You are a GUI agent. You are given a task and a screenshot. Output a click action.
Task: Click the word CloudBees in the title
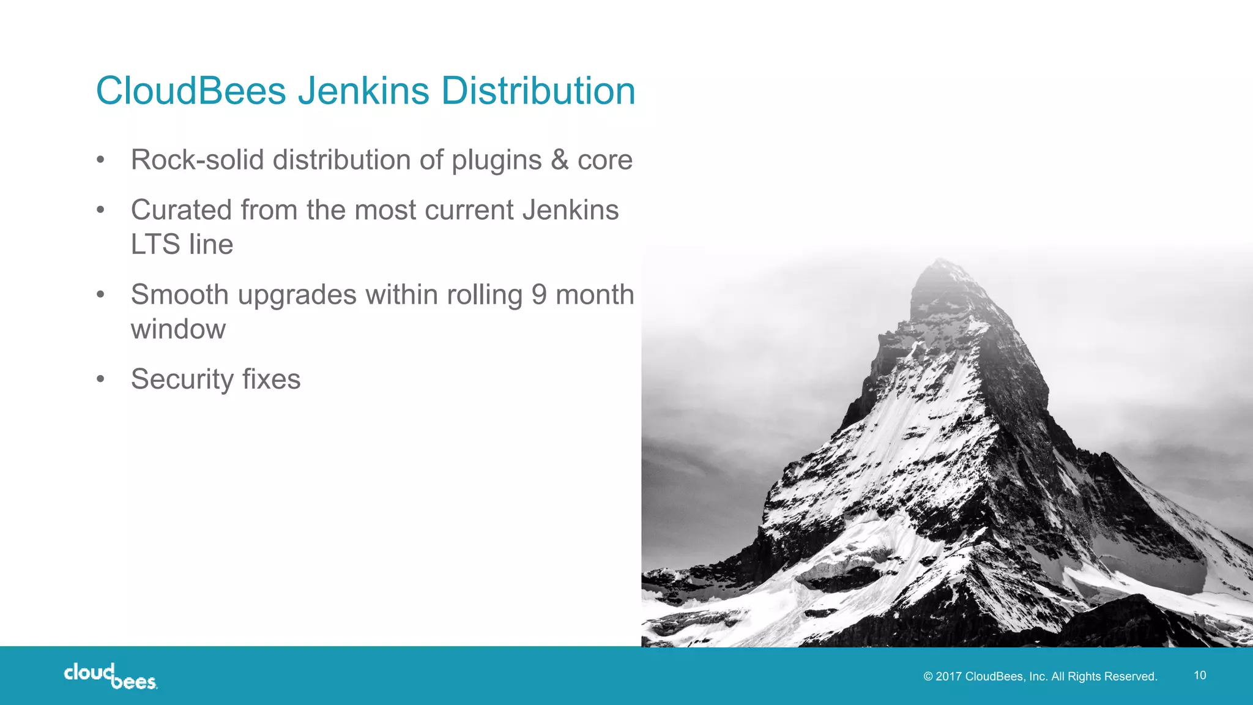coord(191,91)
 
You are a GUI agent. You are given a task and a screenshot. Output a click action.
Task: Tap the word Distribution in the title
coord(538,91)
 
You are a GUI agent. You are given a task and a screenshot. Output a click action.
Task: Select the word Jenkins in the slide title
coord(363,91)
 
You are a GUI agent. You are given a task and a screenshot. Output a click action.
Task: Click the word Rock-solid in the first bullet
coord(197,160)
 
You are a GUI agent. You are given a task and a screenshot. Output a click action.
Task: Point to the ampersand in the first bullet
coord(559,160)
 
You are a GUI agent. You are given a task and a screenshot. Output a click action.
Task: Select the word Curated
coord(181,210)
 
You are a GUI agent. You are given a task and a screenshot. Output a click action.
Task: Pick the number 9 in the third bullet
coord(538,294)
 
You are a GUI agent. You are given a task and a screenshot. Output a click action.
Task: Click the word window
coord(178,329)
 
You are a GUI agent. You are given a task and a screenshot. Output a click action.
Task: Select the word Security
coord(182,379)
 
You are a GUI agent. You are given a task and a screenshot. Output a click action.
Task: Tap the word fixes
coord(271,379)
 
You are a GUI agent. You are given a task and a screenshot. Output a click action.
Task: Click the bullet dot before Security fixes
coord(101,379)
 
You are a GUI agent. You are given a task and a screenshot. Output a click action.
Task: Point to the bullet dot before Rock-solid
coord(101,160)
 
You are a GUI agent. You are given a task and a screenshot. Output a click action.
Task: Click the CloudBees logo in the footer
coord(110,676)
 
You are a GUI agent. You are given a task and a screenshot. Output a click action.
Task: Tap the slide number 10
coord(1200,675)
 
